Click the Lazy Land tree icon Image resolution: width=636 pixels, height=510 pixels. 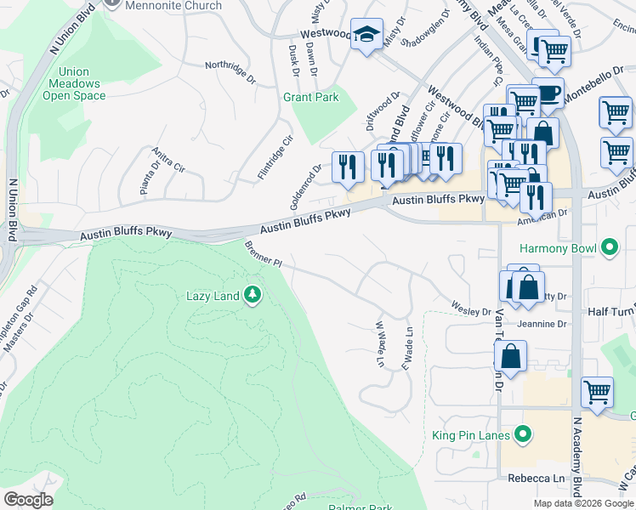pos(252,296)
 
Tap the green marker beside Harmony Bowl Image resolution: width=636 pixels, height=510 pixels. pos(609,249)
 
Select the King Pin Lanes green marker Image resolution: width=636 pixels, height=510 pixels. pos(524,436)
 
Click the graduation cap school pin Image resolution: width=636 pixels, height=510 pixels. pos(366,35)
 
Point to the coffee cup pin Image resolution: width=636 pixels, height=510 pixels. pos(548,92)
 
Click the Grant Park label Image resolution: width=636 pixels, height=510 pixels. pos(310,98)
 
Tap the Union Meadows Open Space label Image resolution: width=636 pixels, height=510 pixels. pos(74,84)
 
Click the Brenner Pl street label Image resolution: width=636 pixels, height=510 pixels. pos(263,256)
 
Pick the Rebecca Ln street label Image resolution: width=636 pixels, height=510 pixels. pos(535,479)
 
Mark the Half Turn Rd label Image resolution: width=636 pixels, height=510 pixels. pos(611,313)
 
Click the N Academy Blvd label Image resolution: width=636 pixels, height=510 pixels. pos(577,459)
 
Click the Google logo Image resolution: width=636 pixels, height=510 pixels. pos(29,500)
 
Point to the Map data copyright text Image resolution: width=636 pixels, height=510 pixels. pos(583,503)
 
